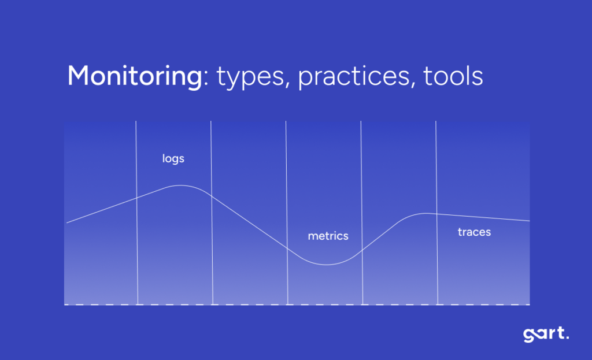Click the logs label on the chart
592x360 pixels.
point(173,158)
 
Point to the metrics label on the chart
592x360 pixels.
point(328,236)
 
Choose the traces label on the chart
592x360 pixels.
point(474,232)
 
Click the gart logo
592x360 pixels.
point(546,335)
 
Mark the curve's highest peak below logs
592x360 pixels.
point(180,185)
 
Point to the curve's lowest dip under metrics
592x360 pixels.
point(327,265)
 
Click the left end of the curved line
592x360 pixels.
point(67,222)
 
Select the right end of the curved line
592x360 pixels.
point(529,221)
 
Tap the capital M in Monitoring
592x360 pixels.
point(79,76)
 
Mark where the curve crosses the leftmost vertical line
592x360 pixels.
point(136,198)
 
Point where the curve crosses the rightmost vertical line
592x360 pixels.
point(436,214)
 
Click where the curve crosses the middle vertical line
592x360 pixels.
point(287,247)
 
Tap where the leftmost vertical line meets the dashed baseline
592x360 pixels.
point(138,304)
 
